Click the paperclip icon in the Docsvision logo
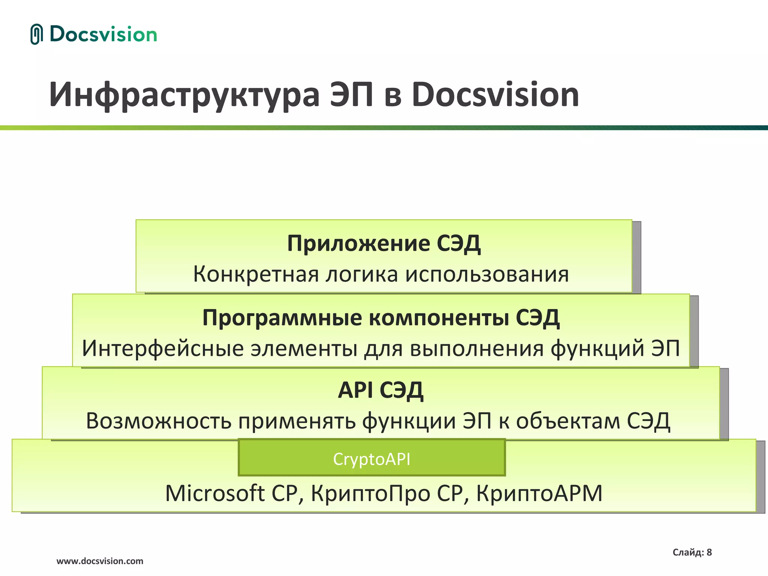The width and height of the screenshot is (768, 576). [x=36, y=34]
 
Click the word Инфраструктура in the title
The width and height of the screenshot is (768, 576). [x=184, y=95]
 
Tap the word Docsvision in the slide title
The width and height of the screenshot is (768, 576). [x=495, y=95]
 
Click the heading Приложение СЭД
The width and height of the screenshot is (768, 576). [x=384, y=244]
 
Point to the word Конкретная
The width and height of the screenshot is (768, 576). [x=255, y=274]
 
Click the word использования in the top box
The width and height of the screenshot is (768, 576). [x=487, y=274]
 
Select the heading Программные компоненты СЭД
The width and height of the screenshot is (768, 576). [x=381, y=318]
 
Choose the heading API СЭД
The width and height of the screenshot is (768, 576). [x=380, y=390]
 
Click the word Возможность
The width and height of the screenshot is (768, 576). [x=158, y=421]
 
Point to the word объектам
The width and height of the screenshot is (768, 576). [x=568, y=421]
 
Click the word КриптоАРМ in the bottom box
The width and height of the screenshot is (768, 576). [x=539, y=493]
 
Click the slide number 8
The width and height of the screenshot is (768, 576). [x=709, y=552]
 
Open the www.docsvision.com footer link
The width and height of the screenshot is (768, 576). [x=100, y=561]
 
